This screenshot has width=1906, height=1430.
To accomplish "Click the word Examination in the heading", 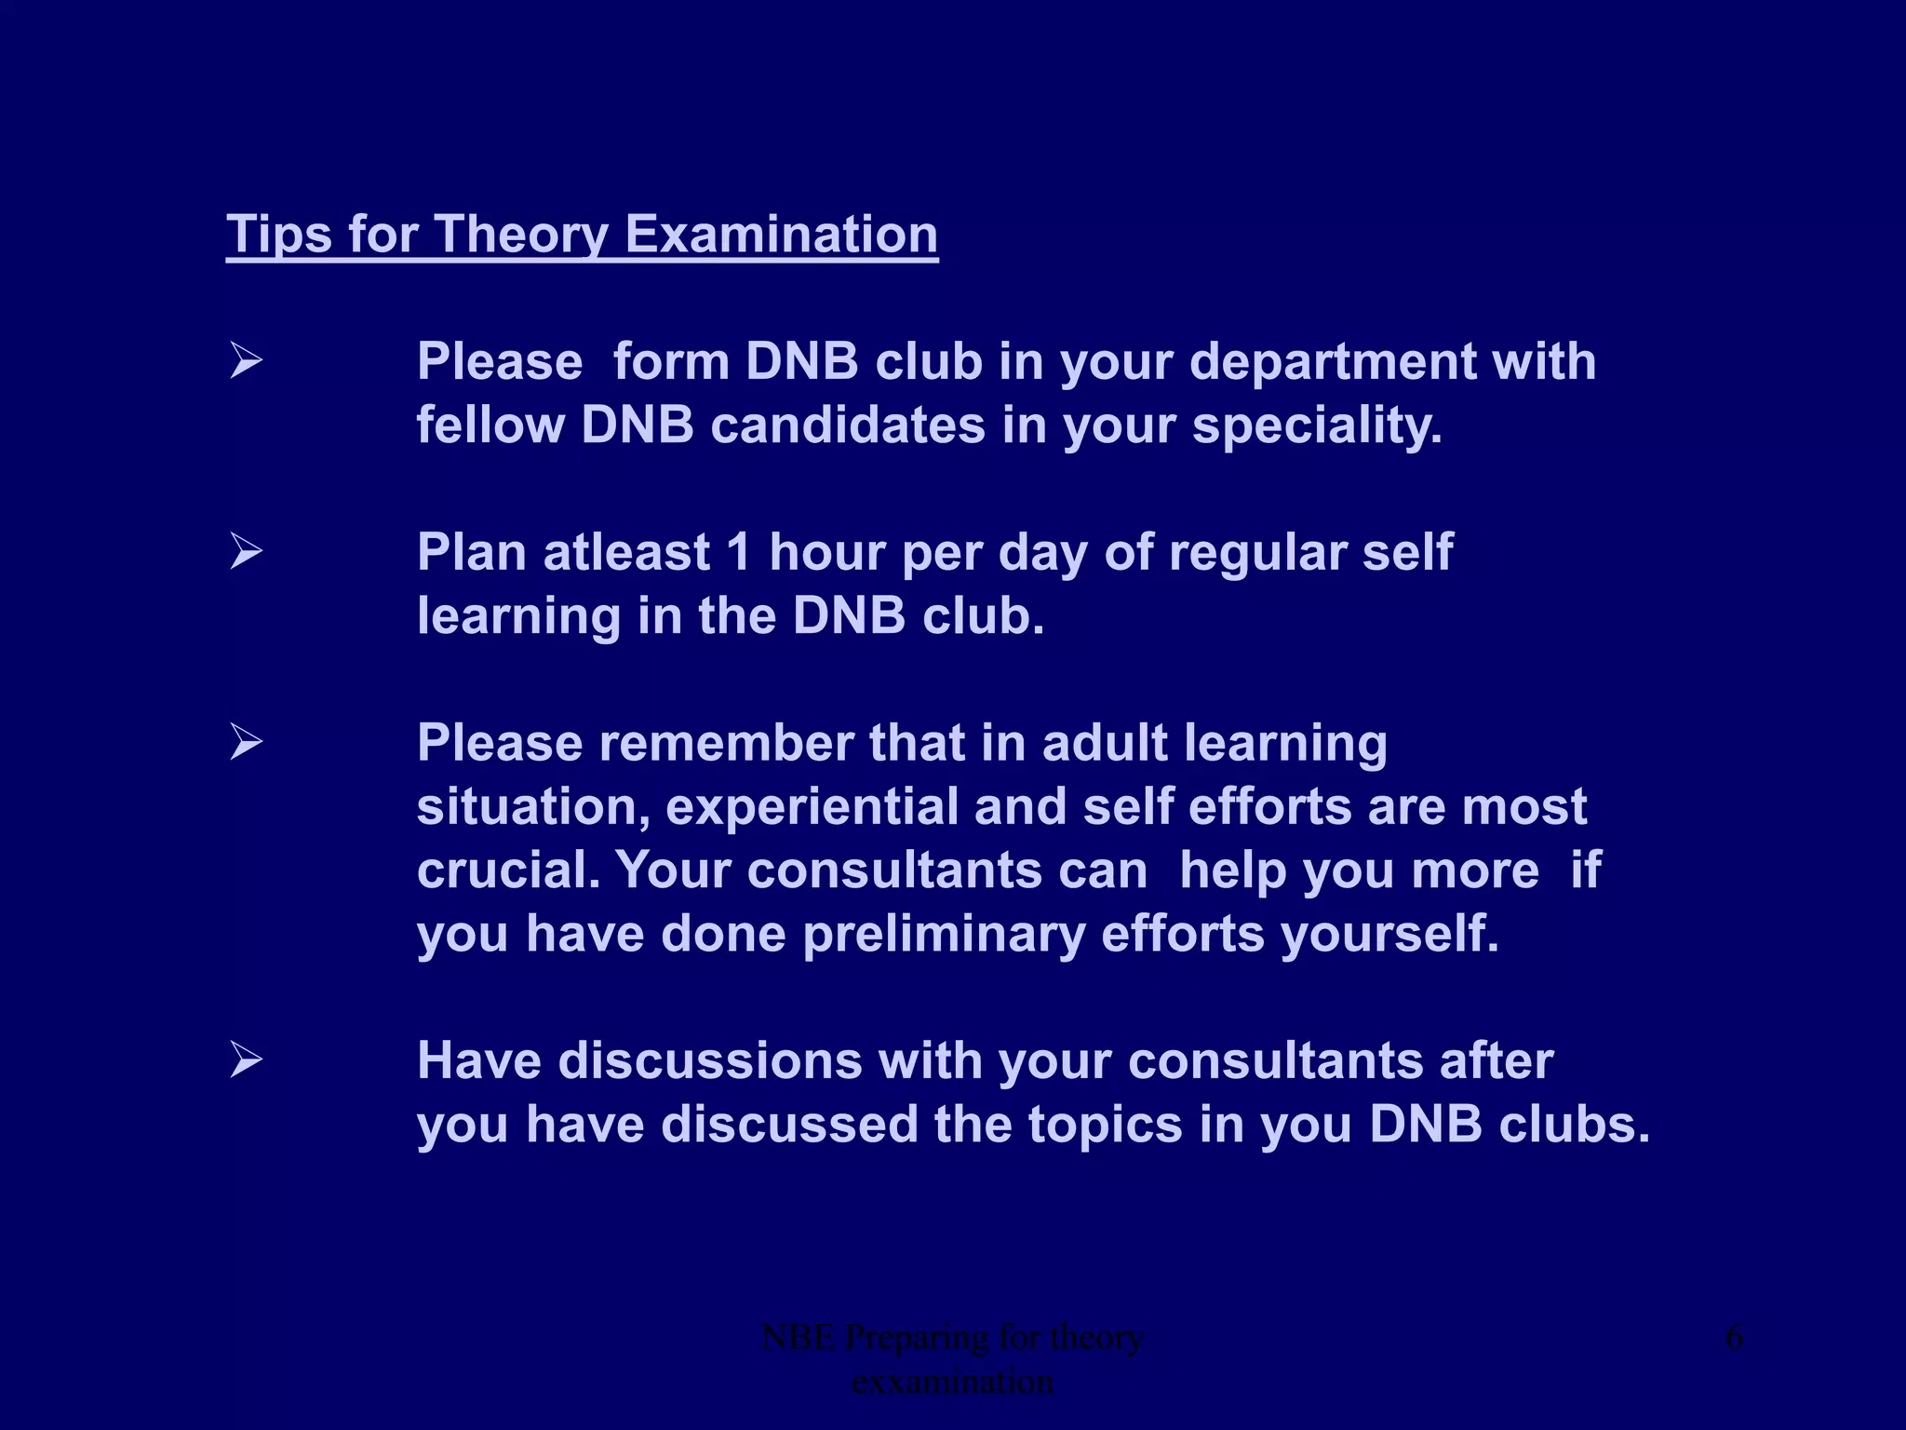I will [x=781, y=234].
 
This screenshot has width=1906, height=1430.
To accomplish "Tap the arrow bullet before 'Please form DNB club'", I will [x=247, y=360].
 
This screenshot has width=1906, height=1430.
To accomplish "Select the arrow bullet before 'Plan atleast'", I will [x=247, y=551].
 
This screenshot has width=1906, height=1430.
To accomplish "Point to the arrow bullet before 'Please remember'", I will [x=247, y=742].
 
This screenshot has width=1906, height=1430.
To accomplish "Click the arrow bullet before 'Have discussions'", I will [x=247, y=1059].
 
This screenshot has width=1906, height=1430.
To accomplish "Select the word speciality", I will [x=1317, y=425].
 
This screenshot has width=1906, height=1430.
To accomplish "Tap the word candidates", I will [x=848, y=425].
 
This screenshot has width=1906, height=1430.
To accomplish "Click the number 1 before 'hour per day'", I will [x=739, y=552].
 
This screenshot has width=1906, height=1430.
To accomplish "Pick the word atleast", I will [x=626, y=552].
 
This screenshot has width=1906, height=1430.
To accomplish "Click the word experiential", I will [x=812, y=806].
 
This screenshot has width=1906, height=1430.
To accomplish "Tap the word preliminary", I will [x=944, y=934].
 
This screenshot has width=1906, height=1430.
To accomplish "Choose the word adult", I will [x=1104, y=743].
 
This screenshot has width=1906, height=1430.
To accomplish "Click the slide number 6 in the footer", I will [x=1734, y=1338].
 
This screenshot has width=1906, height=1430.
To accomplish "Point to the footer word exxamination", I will [x=952, y=1382].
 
